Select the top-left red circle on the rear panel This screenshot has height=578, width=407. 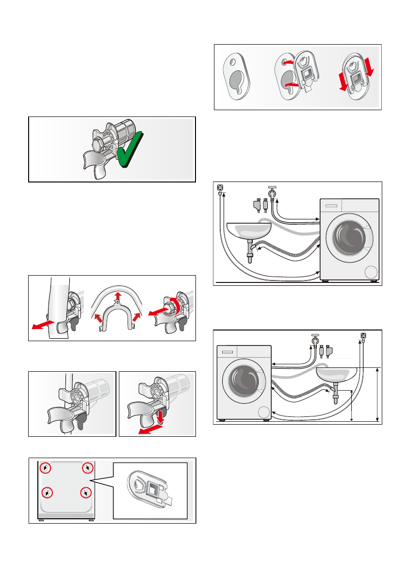pos(45,468)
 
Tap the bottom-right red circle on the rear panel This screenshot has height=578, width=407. pos(85,493)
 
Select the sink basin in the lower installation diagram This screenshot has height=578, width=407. pos(337,374)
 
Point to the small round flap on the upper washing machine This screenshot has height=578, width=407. pos(372,272)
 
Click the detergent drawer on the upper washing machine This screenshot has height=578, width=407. pos(331,206)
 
